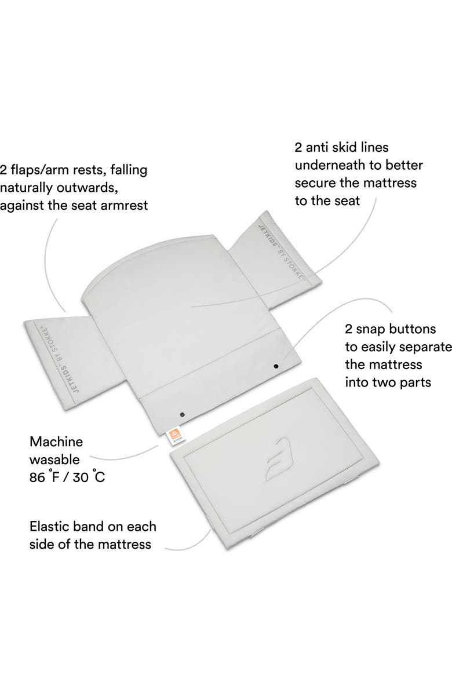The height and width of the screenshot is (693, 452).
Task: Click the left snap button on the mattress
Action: tap(182, 414)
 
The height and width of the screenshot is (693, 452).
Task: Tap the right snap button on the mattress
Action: tap(276, 366)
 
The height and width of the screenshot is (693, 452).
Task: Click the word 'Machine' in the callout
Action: tap(56, 442)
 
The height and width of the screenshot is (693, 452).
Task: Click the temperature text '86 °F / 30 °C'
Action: tap(67, 479)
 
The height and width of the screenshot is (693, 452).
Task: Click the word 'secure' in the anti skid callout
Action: tap(317, 184)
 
